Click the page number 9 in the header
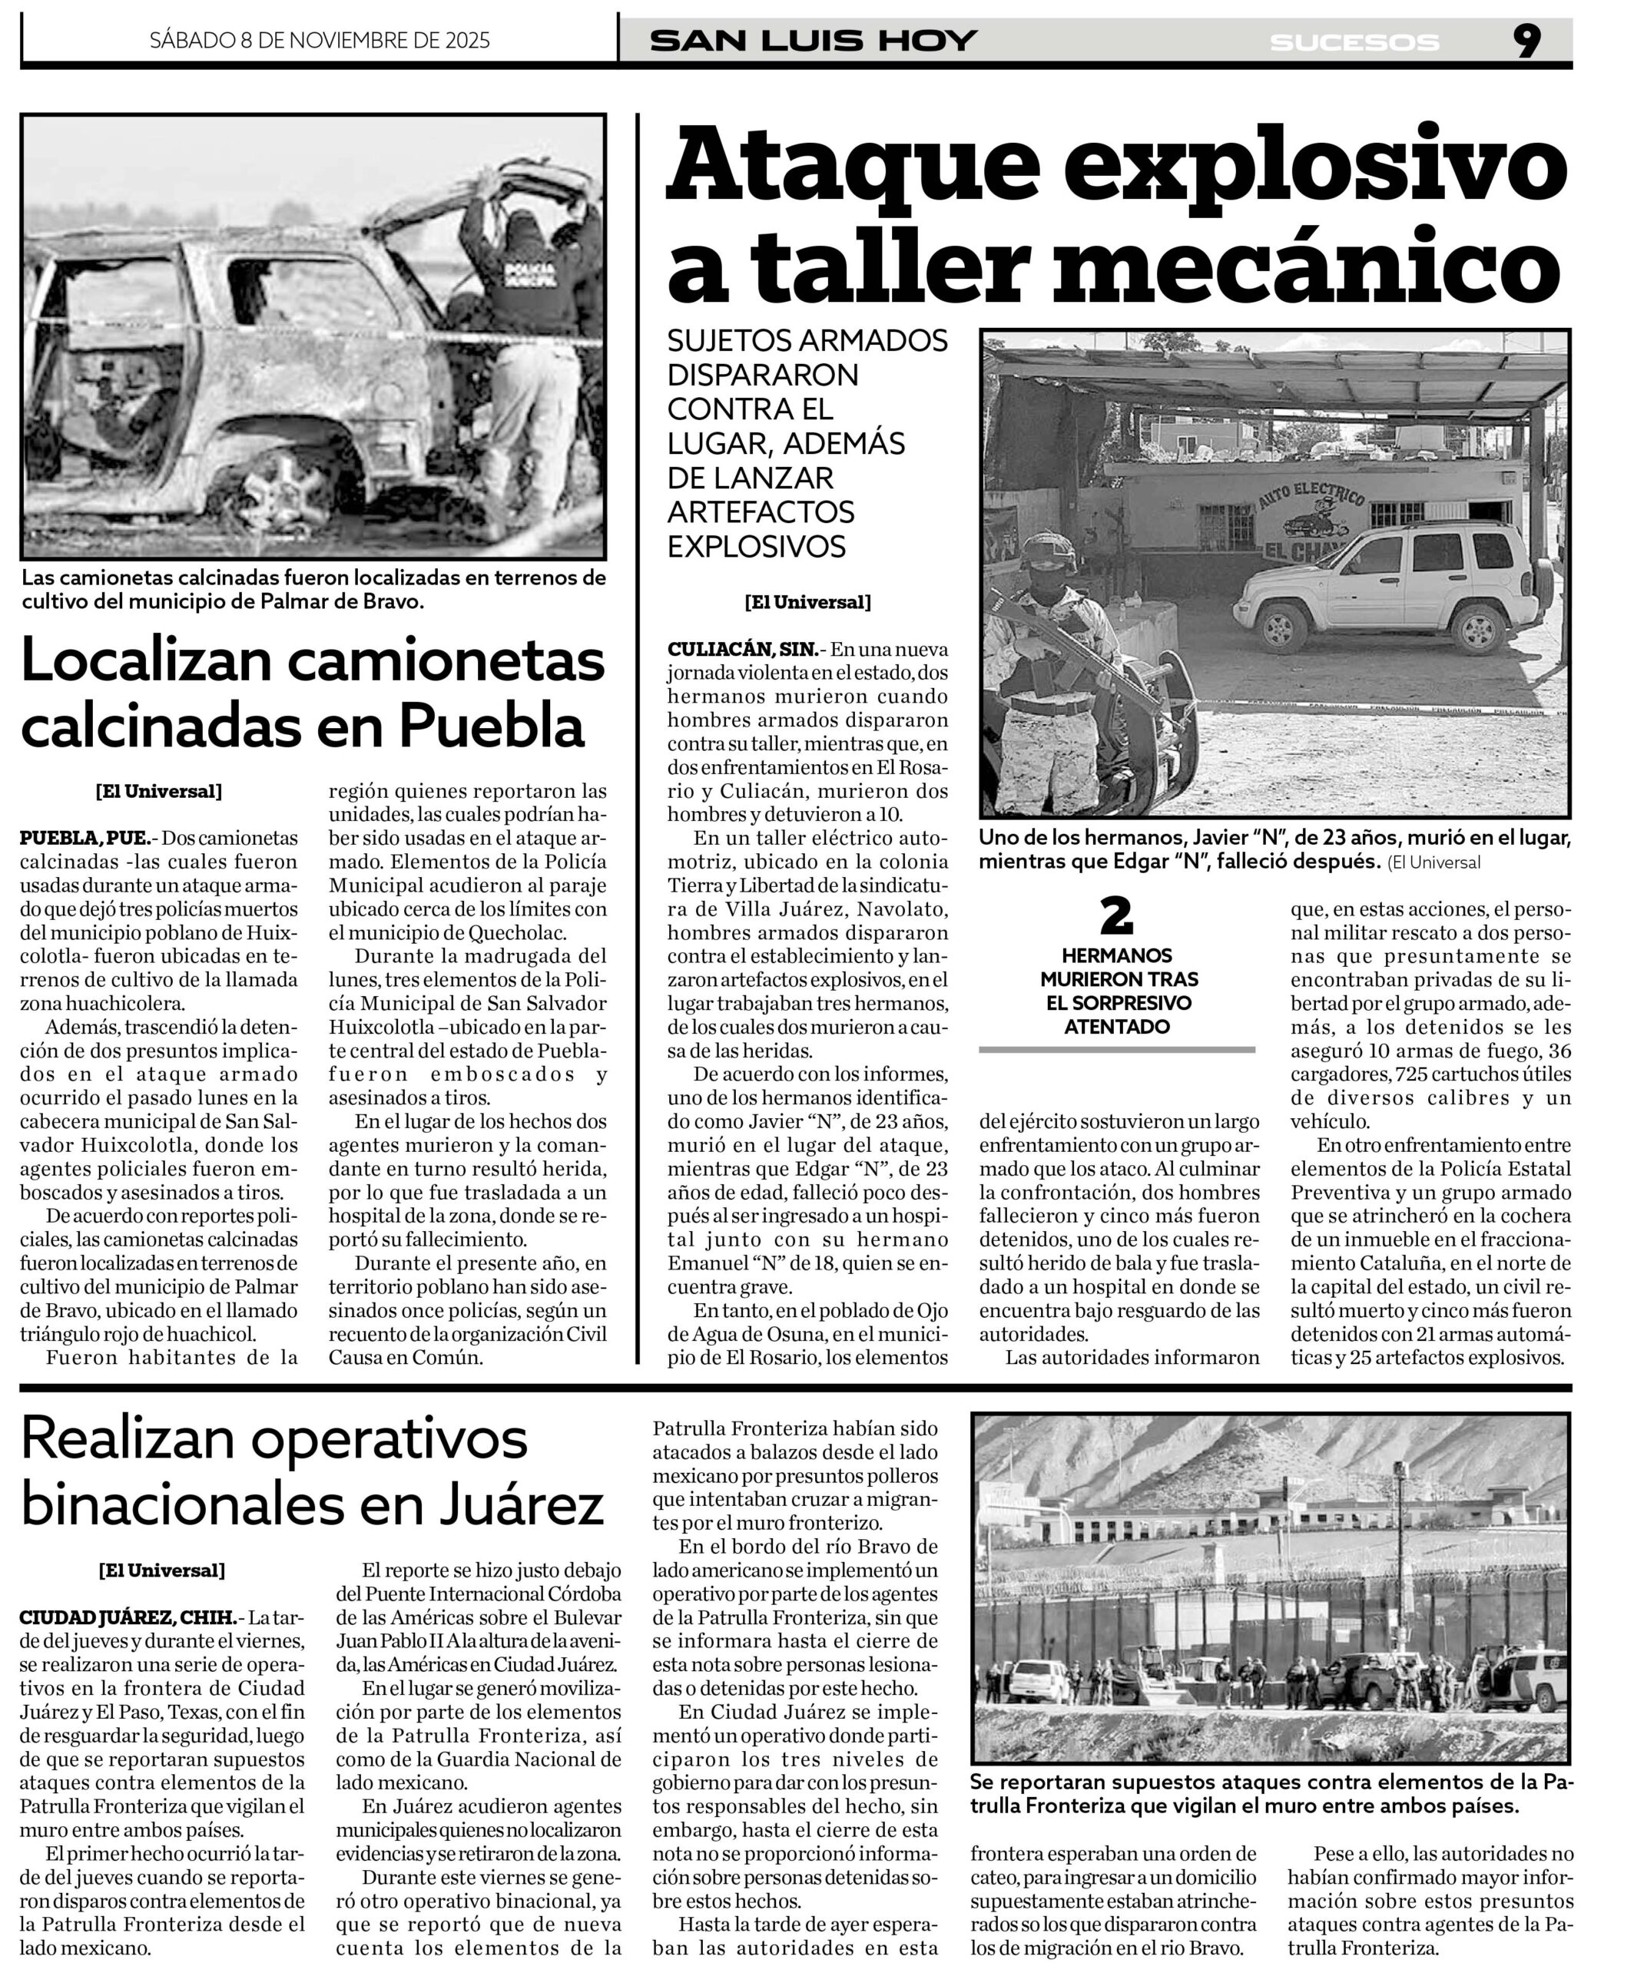point(1526,41)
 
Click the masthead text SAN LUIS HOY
point(813,41)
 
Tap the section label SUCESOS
point(1354,43)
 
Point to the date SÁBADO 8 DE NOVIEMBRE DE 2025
point(320,40)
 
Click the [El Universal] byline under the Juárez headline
point(162,1570)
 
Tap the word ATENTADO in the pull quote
point(1116,1026)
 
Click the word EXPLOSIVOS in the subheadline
point(757,546)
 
